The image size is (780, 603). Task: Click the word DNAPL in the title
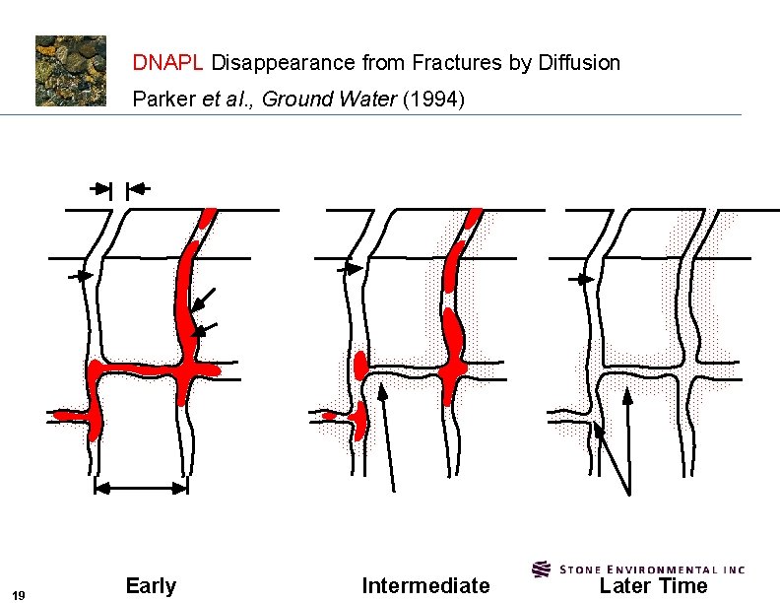coord(168,63)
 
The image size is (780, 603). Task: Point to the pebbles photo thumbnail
coord(71,71)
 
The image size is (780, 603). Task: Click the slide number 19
coord(20,593)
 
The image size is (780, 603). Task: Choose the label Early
coord(151,586)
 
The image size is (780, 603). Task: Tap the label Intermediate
coord(425,586)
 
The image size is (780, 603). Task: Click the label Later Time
coord(654,586)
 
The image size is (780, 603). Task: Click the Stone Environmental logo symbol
coord(541,569)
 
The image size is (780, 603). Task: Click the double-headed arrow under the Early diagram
coord(141,486)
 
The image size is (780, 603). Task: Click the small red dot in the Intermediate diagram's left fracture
coord(329,416)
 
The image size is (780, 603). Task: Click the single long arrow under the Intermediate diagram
coord(388,434)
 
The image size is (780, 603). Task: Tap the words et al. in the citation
coord(229,100)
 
